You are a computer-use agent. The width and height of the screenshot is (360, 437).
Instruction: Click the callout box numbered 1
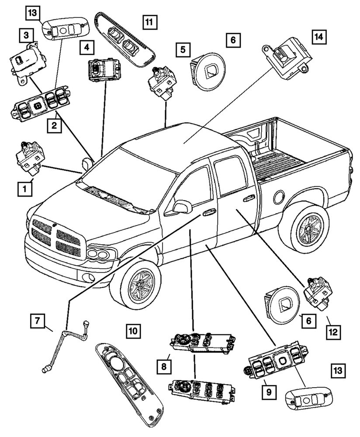pyautogui.click(x=25, y=189)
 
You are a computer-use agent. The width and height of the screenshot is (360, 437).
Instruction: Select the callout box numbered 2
pyautogui.click(x=54, y=125)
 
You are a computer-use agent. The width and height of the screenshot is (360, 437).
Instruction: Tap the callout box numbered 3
pyautogui.click(x=26, y=35)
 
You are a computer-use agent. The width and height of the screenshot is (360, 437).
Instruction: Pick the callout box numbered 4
pyautogui.click(x=87, y=47)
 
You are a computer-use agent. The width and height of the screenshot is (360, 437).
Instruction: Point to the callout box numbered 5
pyautogui.click(x=183, y=50)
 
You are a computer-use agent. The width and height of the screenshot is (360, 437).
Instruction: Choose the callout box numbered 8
pyautogui.click(x=164, y=366)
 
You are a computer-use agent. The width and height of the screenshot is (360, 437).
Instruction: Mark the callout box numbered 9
pyautogui.click(x=269, y=392)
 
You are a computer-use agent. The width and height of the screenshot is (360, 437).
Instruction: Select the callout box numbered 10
pyautogui.click(x=133, y=331)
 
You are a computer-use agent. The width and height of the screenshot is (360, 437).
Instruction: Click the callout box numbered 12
pyautogui.click(x=333, y=332)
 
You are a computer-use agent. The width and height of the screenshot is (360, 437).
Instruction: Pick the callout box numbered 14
pyautogui.click(x=319, y=36)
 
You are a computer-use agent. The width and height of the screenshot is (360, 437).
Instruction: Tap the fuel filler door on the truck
pyautogui.click(x=280, y=196)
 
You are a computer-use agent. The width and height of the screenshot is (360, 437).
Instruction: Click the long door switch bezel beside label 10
pyautogui.click(x=128, y=384)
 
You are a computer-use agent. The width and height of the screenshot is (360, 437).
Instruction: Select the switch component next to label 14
pyautogui.click(x=287, y=59)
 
